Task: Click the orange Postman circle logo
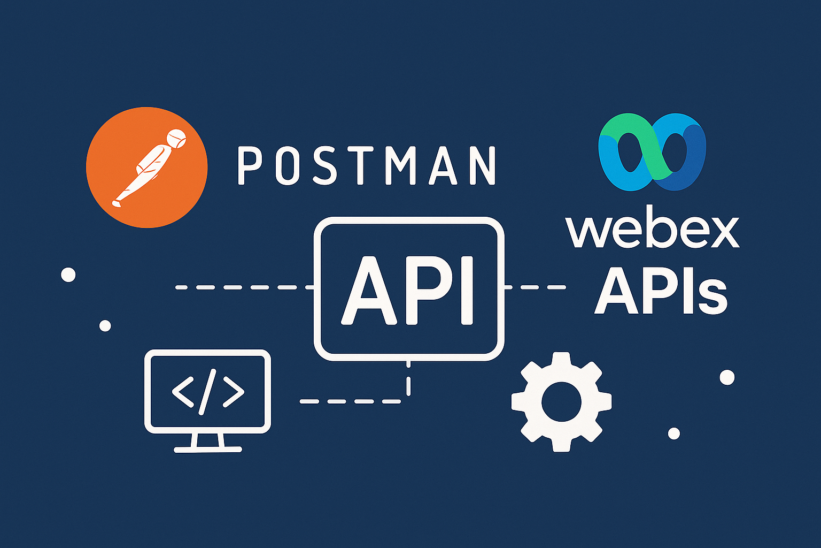(146, 167)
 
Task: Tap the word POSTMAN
(366, 166)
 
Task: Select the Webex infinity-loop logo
(652, 152)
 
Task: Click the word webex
(652, 231)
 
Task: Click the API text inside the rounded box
(409, 289)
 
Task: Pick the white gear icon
(561, 401)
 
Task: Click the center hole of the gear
(561, 402)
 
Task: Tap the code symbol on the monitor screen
(208, 391)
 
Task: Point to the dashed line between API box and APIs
(535, 287)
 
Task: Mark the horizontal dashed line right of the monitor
(350, 401)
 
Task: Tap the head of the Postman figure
(176, 139)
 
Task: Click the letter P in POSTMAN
(248, 166)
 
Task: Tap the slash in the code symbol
(208, 391)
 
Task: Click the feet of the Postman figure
(118, 202)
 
